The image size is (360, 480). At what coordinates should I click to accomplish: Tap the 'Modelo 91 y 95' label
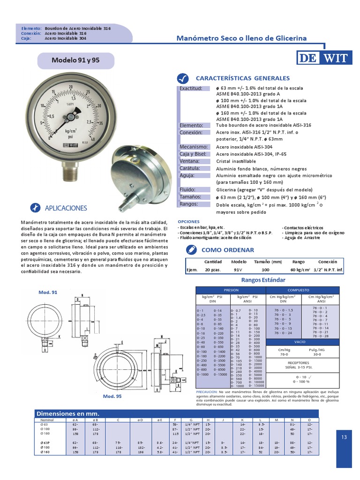(x=75, y=60)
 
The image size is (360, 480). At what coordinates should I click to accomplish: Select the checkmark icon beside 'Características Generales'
(x=183, y=78)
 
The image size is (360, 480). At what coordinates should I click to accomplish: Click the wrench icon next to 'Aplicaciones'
(x=35, y=208)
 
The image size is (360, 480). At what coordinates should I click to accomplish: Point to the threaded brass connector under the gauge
(x=69, y=172)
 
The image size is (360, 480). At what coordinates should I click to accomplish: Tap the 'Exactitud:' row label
(x=191, y=88)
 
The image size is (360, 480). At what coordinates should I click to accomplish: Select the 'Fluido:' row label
(x=187, y=190)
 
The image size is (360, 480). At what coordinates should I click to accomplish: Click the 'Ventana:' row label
(x=190, y=161)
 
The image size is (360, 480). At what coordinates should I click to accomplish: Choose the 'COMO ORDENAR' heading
(x=221, y=250)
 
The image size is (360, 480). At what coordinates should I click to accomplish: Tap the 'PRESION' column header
(x=231, y=290)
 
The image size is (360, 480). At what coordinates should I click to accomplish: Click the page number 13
(x=345, y=437)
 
